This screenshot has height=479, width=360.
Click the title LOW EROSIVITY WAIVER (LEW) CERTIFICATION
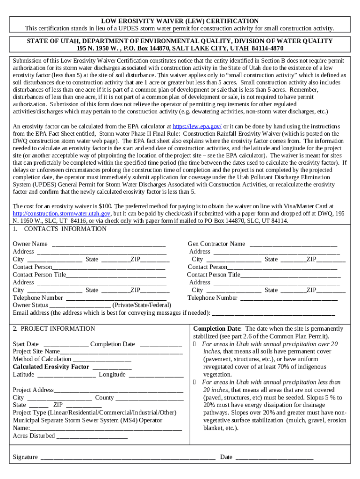coord(180,21)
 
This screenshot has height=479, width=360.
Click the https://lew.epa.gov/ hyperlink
coord(197,127)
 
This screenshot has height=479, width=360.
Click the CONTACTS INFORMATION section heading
coord(65,229)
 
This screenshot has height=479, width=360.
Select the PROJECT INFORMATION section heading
coord(58,329)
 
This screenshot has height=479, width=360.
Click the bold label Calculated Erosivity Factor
coord(51,367)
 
